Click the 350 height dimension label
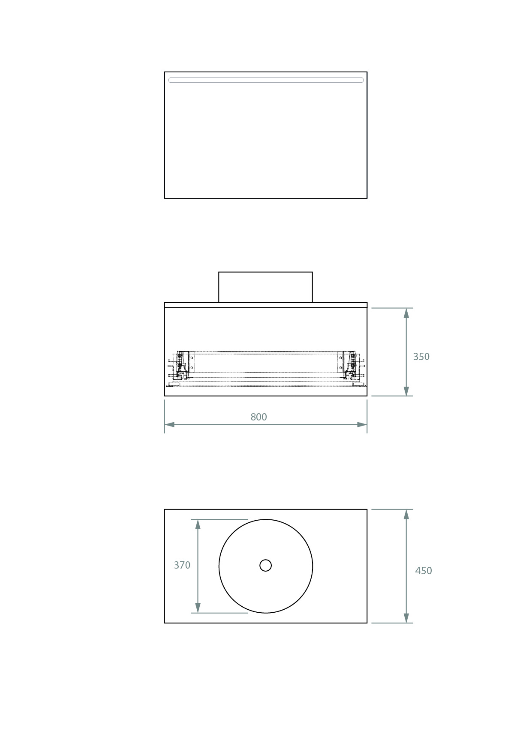421,357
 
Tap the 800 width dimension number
258,417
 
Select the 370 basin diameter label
182,565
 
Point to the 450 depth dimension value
423,571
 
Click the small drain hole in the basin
265,566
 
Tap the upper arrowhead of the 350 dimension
406,313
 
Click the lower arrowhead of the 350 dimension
406,391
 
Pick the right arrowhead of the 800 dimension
362,425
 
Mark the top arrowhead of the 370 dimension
198,525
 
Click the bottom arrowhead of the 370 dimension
198,608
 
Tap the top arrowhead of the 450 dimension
406,514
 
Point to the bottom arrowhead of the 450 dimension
406,618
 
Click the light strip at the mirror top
265,80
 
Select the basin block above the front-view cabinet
265,287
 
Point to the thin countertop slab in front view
265,305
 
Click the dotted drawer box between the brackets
265,362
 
